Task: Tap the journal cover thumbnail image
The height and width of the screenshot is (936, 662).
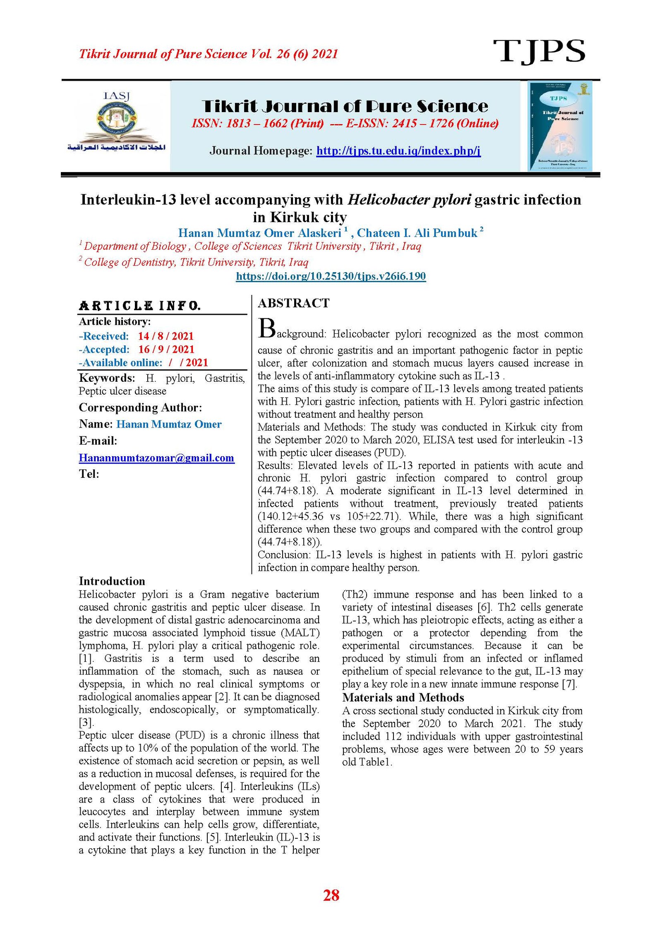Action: point(560,126)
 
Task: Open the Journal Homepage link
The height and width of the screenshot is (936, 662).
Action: point(398,151)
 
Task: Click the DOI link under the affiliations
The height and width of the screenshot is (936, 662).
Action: point(331,276)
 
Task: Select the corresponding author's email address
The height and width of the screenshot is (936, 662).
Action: point(156,458)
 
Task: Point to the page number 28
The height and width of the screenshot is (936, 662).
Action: point(331,895)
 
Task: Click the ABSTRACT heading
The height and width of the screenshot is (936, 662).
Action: point(293,303)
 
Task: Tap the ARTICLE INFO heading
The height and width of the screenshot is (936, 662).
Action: point(140,306)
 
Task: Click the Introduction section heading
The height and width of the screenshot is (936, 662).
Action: point(112,581)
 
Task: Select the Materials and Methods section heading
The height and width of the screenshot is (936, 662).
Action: point(403,698)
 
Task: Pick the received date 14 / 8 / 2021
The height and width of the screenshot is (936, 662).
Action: point(165,336)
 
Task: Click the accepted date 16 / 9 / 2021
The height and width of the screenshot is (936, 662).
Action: point(166,350)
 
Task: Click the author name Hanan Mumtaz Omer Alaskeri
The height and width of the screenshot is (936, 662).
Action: point(259,233)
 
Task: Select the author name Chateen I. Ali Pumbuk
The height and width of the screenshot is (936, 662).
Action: point(417,233)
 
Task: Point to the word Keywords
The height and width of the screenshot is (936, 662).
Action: point(107,378)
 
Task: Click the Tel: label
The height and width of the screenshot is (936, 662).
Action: point(89,474)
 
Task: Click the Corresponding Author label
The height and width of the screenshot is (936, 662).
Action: point(140,408)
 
